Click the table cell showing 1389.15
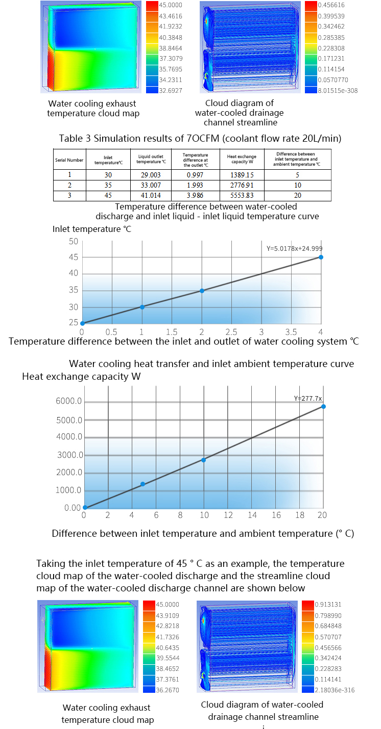242,175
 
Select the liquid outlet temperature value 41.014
151,195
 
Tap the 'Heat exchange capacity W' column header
242,159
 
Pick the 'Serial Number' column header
69,160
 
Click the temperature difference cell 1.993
195,185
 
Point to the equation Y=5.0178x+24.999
294,249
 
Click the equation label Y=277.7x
307,398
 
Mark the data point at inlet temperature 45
321,257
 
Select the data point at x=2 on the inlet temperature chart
202,291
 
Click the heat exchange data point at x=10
204,460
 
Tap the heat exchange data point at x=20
323,406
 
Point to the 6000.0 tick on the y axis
69,401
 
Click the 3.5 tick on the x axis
291,332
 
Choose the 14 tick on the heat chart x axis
252,515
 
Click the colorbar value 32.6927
171,90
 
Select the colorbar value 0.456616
331,5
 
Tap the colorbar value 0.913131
328,604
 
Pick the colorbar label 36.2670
168,690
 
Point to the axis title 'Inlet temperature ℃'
91,229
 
